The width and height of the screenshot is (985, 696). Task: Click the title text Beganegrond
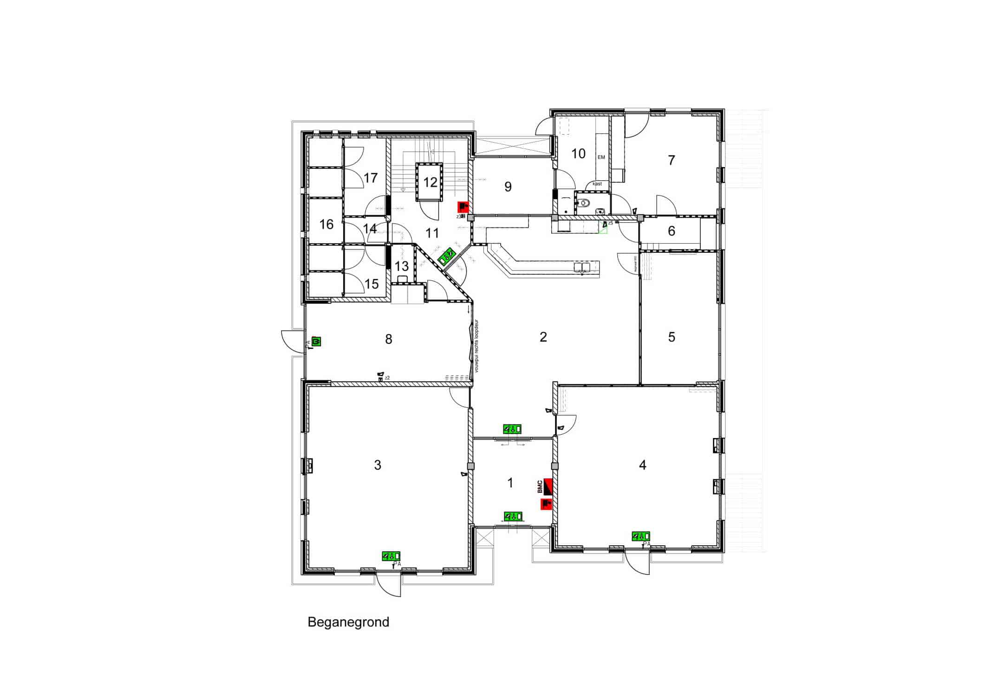(x=348, y=622)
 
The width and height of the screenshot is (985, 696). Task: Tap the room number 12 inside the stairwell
(x=430, y=182)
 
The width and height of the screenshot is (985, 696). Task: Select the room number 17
(x=371, y=178)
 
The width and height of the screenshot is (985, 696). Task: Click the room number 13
(x=401, y=266)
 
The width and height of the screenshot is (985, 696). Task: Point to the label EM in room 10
(x=601, y=157)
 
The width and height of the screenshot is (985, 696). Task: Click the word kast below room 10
(x=597, y=184)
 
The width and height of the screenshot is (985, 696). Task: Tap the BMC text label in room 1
(x=540, y=487)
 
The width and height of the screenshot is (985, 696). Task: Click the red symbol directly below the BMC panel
(x=546, y=504)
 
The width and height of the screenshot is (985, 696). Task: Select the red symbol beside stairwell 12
(x=463, y=207)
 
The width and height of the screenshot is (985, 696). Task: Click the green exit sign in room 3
(x=391, y=556)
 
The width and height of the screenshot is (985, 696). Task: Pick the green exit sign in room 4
(x=640, y=536)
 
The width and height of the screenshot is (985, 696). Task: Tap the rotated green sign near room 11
(x=447, y=256)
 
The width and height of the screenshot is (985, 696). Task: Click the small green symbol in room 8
(x=317, y=342)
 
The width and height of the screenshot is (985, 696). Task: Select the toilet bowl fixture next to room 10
(x=585, y=203)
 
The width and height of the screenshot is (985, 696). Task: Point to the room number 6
(x=671, y=231)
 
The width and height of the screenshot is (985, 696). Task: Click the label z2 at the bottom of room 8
(x=387, y=378)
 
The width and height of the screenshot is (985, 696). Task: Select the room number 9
(x=508, y=187)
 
